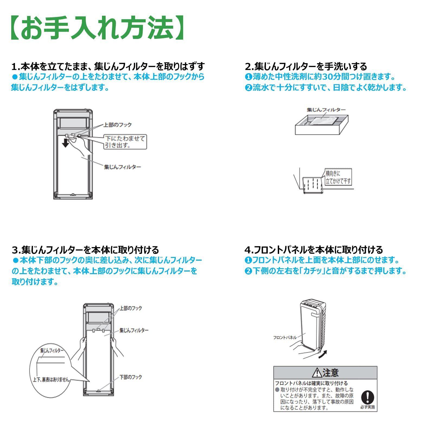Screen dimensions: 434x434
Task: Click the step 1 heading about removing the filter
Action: tap(108, 66)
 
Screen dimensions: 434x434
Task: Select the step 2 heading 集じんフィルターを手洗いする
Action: tap(306, 66)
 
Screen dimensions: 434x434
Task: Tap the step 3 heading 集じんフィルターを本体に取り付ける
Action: tap(85, 250)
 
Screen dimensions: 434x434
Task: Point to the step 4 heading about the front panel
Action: tap(314, 250)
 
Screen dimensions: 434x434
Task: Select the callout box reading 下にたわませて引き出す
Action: tap(125, 142)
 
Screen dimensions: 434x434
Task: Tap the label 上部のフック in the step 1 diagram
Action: tap(117, 125)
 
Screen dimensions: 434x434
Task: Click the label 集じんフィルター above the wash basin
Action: tap(326, 110)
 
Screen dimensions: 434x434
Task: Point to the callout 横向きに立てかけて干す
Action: tap(338, 177)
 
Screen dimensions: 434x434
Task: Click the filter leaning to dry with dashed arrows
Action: tap(312, 185)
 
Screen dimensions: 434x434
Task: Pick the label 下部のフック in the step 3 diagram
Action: tap(131, 377)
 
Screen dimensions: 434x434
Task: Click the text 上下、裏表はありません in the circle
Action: tap(51, 380)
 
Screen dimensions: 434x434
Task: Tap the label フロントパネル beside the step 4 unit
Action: tap(285, 337)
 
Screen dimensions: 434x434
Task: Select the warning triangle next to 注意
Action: tap(317, 373)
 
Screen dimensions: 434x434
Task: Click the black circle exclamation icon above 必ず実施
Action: tap(368, 397)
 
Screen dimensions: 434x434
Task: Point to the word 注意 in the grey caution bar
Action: tap(331, 373)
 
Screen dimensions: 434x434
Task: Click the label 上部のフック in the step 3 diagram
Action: tap(131, 308)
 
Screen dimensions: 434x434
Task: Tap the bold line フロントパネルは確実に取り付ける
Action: tap(311, 383)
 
